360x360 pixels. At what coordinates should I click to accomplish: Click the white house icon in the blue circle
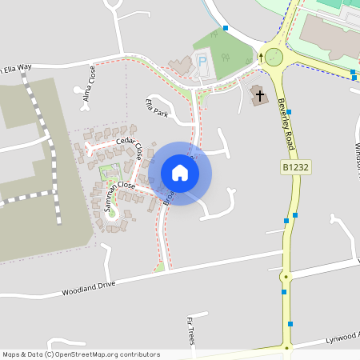(x=180, y=173)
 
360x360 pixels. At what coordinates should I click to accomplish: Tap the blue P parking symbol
(x=202, y=61)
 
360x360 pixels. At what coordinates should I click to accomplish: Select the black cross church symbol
(x=259, y=96)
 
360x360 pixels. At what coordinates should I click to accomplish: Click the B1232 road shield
(x=295, y=167)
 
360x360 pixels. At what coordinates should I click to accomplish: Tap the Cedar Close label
(x=129, y=146)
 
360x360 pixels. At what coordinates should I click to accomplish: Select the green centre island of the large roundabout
(x=274, y=57)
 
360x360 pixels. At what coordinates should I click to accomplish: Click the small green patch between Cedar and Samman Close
(x=109, y=170)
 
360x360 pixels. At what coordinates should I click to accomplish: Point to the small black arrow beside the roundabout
(x=261, y=58)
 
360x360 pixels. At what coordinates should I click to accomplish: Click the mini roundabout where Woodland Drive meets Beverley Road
(x=286, y=278)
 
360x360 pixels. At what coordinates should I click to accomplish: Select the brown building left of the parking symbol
(x=182, y=66)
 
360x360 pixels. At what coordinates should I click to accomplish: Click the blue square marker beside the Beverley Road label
(x=288, y=113)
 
